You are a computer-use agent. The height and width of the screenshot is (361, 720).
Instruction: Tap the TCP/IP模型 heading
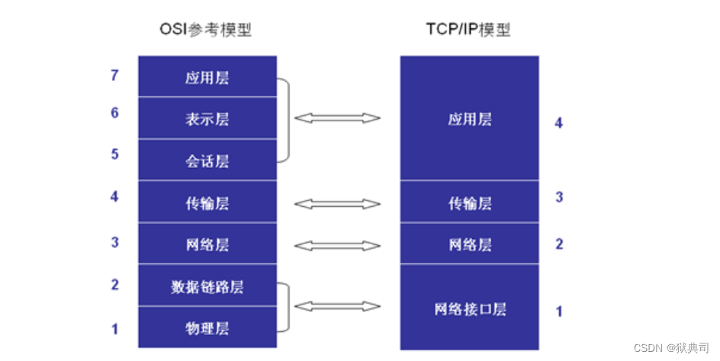468,31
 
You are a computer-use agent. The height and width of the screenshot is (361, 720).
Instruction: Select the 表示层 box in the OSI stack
207,118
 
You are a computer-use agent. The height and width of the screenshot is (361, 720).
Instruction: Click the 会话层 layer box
207,160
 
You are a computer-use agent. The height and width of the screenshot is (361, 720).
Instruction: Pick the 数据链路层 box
207,287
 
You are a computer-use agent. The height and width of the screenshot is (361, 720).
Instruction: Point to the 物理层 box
207,328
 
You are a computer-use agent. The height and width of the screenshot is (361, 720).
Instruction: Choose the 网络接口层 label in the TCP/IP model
470,308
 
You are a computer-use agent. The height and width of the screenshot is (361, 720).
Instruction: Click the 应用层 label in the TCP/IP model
470,119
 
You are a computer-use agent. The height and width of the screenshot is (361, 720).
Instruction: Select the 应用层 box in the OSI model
207,77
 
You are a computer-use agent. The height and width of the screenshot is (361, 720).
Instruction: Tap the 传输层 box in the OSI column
207,203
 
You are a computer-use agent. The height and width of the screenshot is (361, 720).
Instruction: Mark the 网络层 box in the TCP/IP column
470,244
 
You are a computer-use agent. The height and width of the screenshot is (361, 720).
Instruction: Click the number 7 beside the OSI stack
115,75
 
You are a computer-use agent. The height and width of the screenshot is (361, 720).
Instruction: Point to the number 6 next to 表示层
115,113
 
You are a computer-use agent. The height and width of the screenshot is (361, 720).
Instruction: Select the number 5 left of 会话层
115,154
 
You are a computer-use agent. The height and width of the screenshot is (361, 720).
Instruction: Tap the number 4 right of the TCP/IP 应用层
559,122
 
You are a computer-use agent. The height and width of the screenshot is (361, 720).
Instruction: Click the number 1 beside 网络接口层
559,311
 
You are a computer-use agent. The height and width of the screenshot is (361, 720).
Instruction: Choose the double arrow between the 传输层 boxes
337,204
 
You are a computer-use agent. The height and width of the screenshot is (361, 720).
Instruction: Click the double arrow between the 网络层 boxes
337,245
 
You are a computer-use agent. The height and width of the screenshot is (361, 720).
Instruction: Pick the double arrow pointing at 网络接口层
337,307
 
